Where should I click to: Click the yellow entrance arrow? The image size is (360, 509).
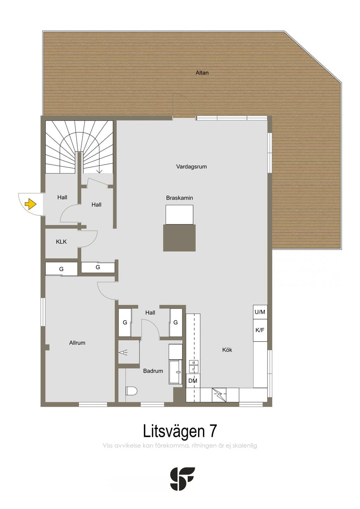31,204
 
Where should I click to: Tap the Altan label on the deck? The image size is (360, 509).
202,73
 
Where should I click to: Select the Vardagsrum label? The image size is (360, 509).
191,167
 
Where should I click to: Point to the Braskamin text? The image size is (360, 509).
180,198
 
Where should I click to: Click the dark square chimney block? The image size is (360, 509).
179,238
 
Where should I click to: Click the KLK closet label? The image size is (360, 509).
62,242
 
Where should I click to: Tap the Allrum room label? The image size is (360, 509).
77,343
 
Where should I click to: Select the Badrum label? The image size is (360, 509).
153,371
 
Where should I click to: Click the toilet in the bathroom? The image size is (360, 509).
131,391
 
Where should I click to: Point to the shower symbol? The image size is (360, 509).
123,353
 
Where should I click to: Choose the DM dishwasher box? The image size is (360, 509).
193,381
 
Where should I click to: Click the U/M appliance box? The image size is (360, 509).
260,312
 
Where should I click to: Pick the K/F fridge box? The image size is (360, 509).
260,330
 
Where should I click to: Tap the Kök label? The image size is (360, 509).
227,350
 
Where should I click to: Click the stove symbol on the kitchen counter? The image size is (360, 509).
219,395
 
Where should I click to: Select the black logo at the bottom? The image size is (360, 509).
182,479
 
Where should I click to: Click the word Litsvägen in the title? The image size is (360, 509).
174,432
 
